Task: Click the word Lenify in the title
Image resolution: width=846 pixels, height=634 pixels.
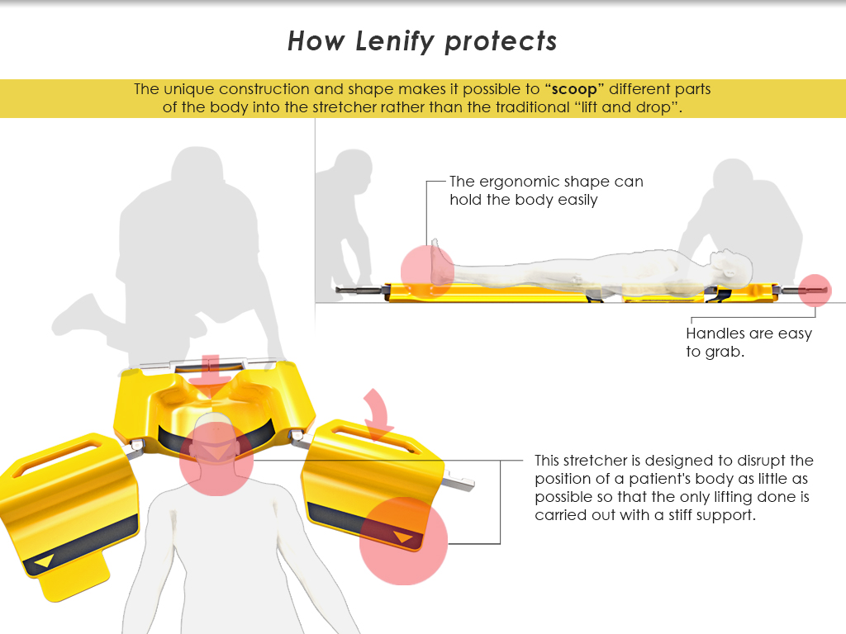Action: coord(389,41)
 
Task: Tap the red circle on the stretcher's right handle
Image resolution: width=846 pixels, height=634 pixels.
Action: coord(815,291)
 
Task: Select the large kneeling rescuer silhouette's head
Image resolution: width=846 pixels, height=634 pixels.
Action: coord(196,171)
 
